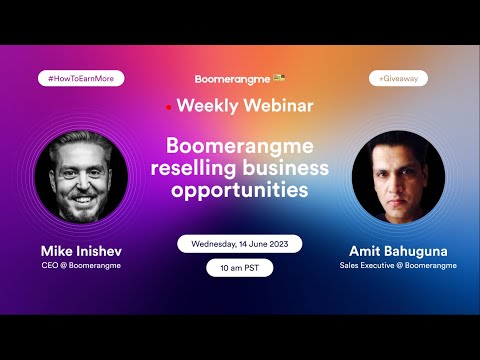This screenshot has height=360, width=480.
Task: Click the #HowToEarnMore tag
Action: [80, 77]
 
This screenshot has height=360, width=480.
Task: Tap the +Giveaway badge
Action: [397, 77]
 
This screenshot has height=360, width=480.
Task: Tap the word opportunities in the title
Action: [239, 190]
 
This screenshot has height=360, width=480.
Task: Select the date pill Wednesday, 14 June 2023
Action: [239, 243]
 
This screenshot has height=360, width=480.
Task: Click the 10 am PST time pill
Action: [239, 267]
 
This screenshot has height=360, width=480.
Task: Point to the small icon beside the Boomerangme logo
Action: [279, 77]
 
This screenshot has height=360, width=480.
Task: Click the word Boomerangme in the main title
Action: [239, 147]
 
